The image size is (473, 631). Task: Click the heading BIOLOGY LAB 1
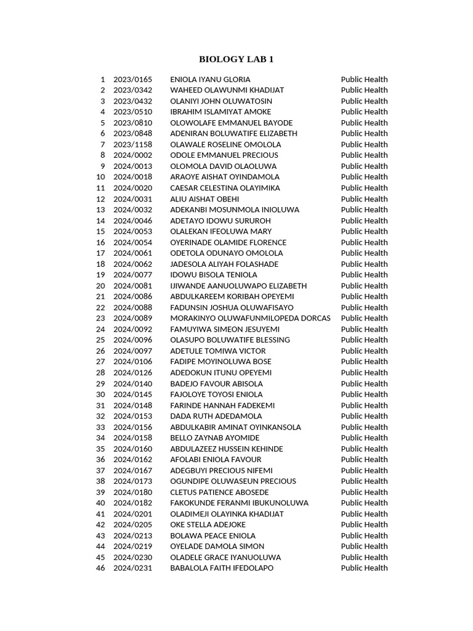(x=236, y=59)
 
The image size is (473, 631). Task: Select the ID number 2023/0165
(x=132, y=79)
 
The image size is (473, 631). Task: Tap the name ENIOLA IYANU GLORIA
(x=210, y=79)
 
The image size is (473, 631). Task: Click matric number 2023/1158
(x=132, y=145)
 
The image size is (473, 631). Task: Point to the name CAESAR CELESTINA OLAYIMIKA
(x=225, y=188)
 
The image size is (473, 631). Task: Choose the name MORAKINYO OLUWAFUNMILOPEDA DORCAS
(x=250, y=319)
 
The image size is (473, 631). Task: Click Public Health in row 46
(x=364, y=568)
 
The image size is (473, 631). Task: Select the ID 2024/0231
(x=132, y=568)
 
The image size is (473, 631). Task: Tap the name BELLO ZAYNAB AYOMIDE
(x=215, y=438)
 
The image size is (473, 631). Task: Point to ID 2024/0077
(x=132, y=275)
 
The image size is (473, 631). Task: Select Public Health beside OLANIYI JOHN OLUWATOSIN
(x=364, y=101)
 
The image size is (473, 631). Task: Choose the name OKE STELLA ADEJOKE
(x=208, y=525)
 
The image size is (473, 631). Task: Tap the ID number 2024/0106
(x=132, y=362)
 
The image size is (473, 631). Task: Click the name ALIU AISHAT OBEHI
(x=204, y=199)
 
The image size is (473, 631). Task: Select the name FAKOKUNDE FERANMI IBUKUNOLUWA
(x=239, y=503)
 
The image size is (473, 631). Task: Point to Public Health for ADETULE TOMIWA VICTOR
(x=364, y=351)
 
